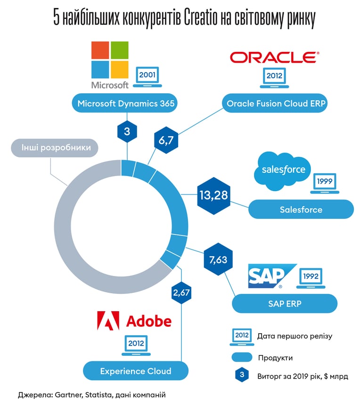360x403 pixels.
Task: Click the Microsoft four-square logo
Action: tap(110, 60)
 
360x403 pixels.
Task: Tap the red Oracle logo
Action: tap(275, 57)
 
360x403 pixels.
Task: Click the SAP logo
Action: tap(272, 276)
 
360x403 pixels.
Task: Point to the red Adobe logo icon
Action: tap(108, 321)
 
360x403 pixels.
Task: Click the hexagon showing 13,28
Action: tap(213, 195)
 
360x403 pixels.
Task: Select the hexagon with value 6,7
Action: tap(166, 140)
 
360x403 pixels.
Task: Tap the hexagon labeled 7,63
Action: tap(218, 259)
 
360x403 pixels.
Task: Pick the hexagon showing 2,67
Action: tap(181, 292)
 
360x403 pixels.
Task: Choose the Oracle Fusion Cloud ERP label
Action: tap(275, 103)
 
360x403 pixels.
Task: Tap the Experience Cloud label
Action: tap(136, 371)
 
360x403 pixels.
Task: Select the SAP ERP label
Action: tap(285, 304)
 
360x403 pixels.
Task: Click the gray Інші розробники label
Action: tap(55, 148)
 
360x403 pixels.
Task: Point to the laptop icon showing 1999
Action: tap(325, 184)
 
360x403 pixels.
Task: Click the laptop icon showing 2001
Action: tap(147, 77)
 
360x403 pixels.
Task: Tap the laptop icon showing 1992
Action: tap(311, 278)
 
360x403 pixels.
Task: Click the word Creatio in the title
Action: tap(201, 18)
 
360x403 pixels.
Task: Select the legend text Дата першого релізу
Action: tap(295, 336)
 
